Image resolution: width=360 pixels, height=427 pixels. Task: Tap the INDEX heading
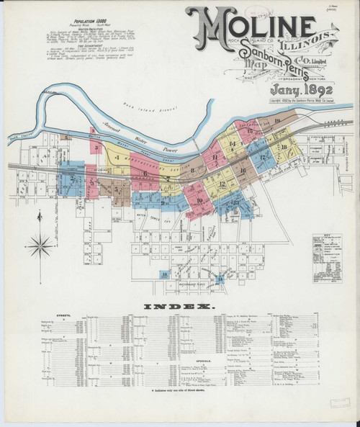point(180,307)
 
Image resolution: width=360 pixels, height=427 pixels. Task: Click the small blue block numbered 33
point(166,274)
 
